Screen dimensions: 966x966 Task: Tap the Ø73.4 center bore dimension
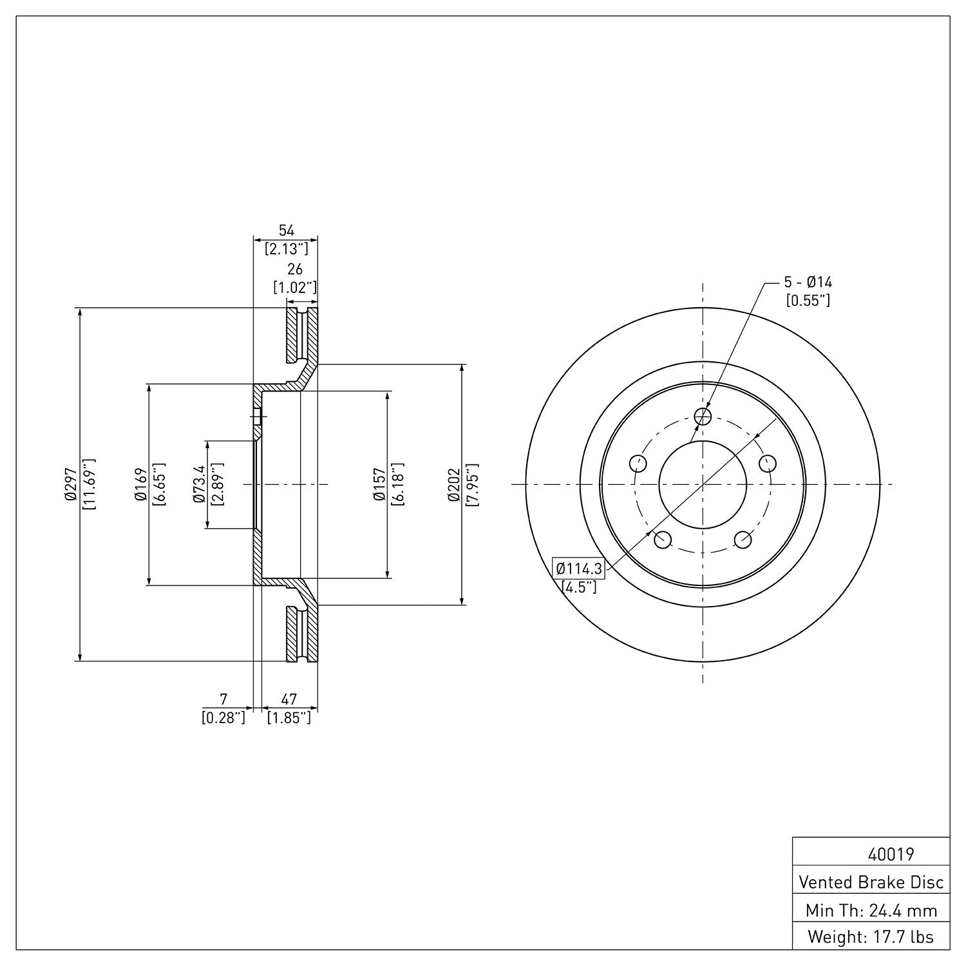pyautogui.click(x=198, y=484)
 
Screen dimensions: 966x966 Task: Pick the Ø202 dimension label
pyautogui.click(x=453, y=484)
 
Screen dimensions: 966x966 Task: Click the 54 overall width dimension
pyautogui.click(x=285, y=231)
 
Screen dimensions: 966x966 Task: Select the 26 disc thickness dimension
pyautogui.click(x=294, y=270)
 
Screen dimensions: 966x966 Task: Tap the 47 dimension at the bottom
pyautogui.click(x=289, y=699)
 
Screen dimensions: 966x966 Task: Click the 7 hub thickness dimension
pyautogui.click(x=223, y=699)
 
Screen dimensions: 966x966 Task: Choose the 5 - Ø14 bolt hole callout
pyautogui.click(x=808, y=282)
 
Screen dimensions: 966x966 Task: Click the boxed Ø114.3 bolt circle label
pyautogui.click(x=579, y=569)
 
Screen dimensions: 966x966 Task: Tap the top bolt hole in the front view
pyautogui.click(x=703, y=416)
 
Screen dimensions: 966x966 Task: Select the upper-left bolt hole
pyautogui.click(x=638, y=463)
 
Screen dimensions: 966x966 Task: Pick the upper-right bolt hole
pyautogui.click(x=768, y=463)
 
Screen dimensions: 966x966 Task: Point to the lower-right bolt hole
pyautogui.click(x=743, y=540)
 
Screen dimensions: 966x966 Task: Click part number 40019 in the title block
pyautogui.click(x=891, y=855)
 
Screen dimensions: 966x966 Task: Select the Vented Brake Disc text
pyautogui.click(x=871, y=882)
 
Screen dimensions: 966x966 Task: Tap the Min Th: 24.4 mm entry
pyautogui.click(x=871, y=911)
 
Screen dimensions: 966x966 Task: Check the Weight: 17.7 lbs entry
pyautogui.click(x=871, y=937)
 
